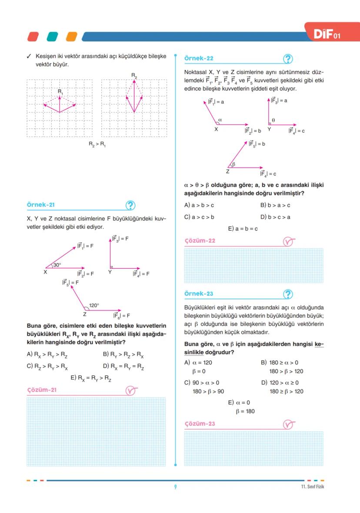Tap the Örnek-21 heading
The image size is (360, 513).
[x=41, y=205]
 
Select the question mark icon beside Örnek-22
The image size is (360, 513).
[x=288, y=59]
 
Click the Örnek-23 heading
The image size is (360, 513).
[x=199, y=294]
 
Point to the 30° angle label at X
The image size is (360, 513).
[x=57, y=264]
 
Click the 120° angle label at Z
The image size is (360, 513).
[x=94, y=305]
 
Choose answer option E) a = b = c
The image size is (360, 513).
[x=243, y=229]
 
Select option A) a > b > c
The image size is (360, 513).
[x=199, y=205]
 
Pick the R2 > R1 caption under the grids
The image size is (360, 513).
[x=97, y=144]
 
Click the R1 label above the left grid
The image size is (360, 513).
[x=60, y=92]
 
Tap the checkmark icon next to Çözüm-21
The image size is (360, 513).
[x=131, y=390]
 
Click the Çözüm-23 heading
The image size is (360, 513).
[x=200, y=424]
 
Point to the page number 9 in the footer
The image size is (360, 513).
[x=175, y=486]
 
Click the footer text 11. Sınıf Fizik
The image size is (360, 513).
[x=312, y=486]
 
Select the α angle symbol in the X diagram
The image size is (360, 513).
[x=220, y=119]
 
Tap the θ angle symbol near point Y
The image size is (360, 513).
[x=273, y=120]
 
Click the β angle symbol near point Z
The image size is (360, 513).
[x=233, y=164]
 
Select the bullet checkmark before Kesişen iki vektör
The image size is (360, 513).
[x=29, y=57]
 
